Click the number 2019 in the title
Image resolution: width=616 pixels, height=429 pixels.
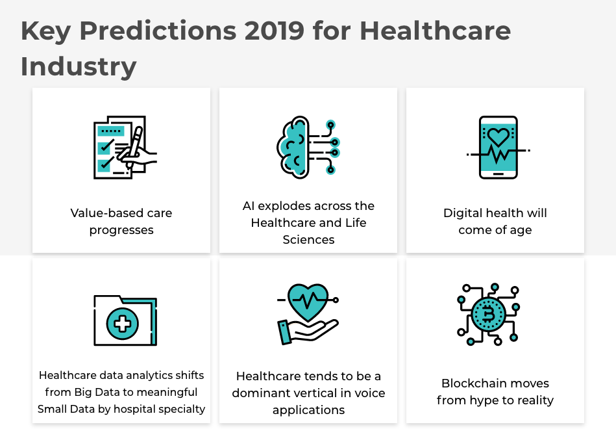(274, 31)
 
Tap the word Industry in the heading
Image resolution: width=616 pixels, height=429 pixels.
(79, 67)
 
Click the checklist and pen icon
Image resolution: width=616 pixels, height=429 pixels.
(125, 147)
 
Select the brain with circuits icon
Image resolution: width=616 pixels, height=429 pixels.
(308, 147)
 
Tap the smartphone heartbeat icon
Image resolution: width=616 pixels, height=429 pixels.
(498, 147)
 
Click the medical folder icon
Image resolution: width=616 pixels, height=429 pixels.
(125, 320)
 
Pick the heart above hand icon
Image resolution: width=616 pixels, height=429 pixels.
(308, 314)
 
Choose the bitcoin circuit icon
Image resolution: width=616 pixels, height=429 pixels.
(489, 314)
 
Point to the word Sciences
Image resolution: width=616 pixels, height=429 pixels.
(308, 240)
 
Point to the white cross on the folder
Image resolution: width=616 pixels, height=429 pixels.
(122, 324)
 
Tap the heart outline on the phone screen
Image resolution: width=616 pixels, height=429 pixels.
(498, 137)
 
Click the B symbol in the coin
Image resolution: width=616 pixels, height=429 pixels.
(488, 315)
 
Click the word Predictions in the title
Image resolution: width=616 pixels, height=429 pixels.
(158, 31)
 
